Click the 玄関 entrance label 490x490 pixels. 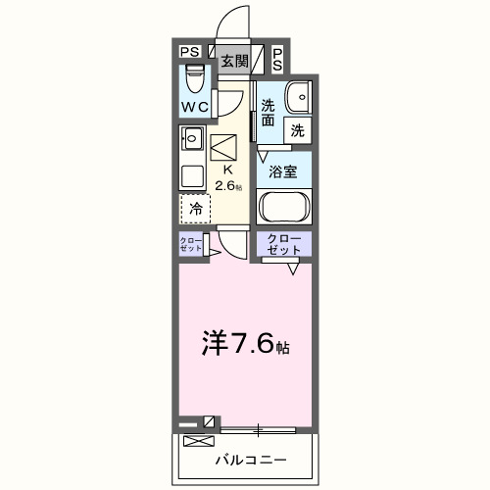pos(233,62)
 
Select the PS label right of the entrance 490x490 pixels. pos(277,60)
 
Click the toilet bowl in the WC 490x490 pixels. pos(193,74)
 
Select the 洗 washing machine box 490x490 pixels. pos(297,128)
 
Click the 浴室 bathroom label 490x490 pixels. pos(283,171)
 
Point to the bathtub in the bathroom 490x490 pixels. pos(283,208)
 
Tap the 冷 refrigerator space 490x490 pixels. pos(195,208)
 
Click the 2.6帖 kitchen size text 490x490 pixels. pos(231,186)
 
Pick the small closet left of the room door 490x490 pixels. pos(190,245)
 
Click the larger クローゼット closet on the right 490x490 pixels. pos(283,245)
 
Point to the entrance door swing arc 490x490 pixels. pos(230,24)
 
